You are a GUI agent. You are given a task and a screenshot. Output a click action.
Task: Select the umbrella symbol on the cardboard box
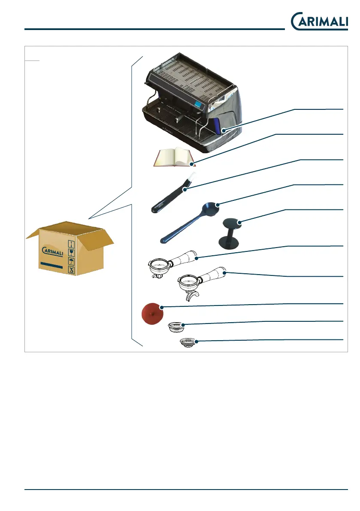tap(72, 261)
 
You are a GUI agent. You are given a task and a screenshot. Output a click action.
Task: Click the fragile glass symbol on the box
tap(72, 253)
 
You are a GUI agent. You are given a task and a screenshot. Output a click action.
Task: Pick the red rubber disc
tap(151, 314)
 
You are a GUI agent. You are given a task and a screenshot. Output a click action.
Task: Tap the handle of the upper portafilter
tap(185, 258)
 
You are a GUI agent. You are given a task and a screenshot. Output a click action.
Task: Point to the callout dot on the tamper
tap(240, 222)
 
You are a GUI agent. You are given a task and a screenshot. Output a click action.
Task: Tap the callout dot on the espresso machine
tap(222, 129)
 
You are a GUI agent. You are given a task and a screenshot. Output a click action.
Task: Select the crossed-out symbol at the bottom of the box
tap(72, 270)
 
